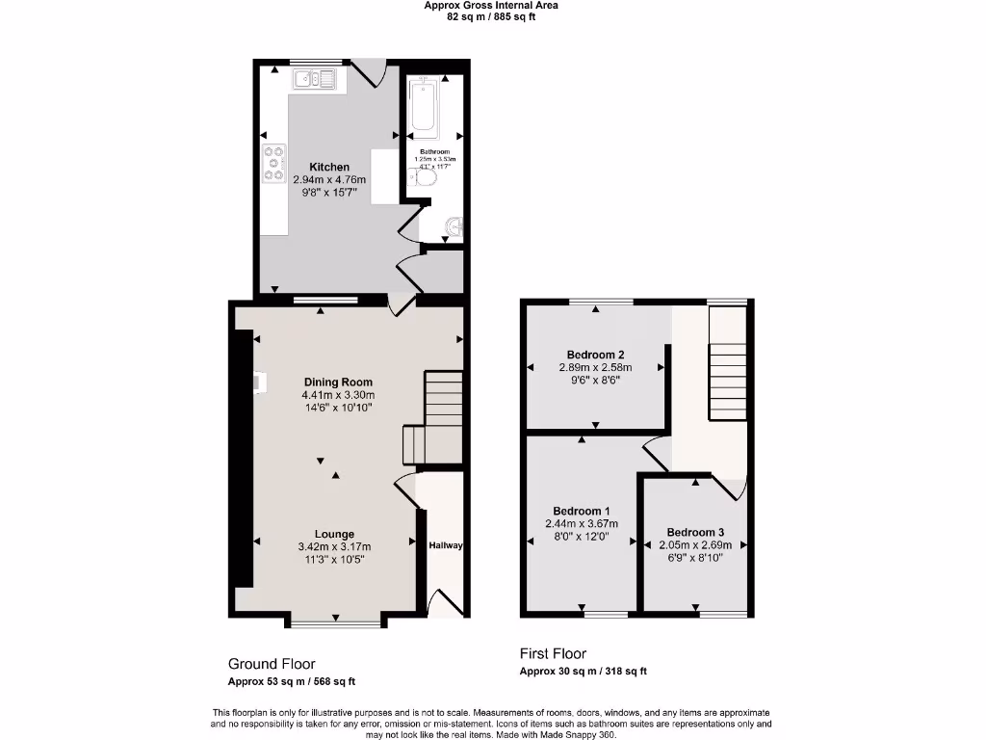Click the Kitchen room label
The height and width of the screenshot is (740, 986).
pos(328,167)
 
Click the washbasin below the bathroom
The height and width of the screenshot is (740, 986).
pos(454,227)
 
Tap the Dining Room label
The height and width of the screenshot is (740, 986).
pos(338,382)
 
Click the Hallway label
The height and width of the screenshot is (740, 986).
pos(446,545)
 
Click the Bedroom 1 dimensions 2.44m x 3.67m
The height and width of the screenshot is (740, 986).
pos(582,523)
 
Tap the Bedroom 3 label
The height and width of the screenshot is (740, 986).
pos(695,532)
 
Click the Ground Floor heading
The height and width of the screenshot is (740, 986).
pos(272,664)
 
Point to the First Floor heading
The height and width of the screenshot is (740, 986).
pos(553,653)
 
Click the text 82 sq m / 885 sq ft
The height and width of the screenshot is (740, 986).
pos(491,16)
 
